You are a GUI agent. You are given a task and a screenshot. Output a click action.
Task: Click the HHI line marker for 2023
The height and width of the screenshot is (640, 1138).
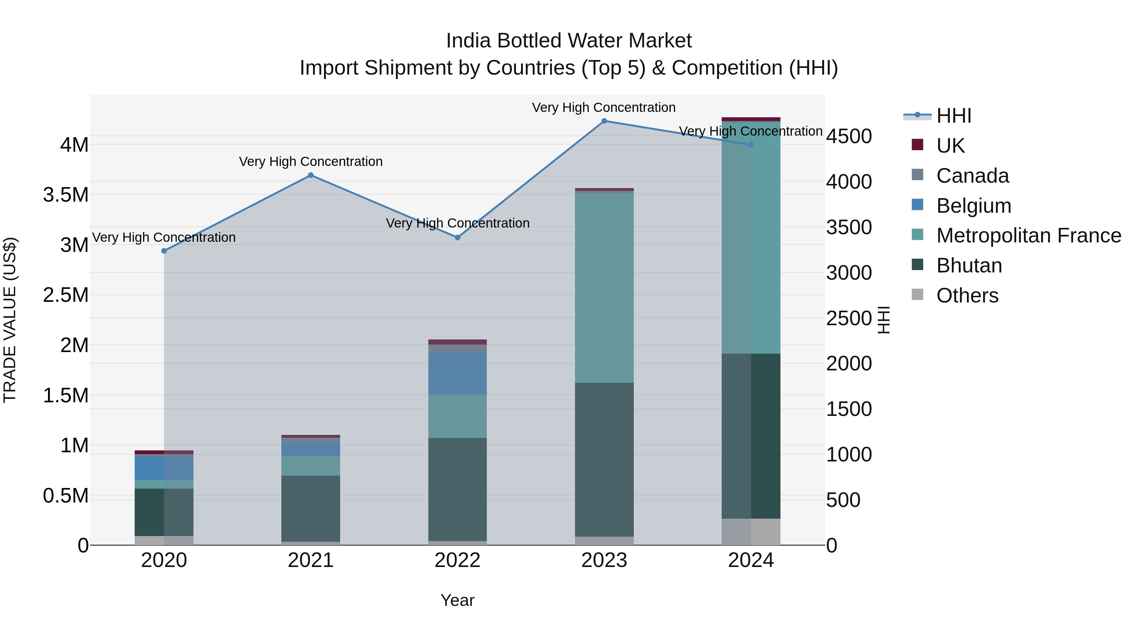coord(604,121)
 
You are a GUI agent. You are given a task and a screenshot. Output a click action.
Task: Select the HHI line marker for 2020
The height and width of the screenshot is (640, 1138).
coord(164,251)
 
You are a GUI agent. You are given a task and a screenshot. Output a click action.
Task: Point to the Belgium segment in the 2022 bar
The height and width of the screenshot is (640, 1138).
coord(457,374)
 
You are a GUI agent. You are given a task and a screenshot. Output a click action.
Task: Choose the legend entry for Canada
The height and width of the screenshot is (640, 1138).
coord(972,176)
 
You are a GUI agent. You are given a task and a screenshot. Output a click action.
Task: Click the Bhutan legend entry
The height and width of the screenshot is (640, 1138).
coord(968,266)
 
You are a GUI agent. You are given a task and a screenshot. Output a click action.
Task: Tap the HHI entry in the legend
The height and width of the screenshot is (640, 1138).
coord(953,116)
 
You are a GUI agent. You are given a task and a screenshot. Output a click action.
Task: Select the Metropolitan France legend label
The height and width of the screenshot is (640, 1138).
coord(1028,236)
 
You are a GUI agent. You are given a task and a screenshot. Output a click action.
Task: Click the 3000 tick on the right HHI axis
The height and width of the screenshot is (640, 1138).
coord(849,273)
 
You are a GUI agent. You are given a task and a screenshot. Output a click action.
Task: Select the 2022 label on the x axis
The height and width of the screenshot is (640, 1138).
coord(457,560)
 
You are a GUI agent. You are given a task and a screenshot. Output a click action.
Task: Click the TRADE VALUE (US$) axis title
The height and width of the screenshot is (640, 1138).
coord(10,320)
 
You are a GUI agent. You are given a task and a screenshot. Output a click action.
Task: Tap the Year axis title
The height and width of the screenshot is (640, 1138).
coord(457,600)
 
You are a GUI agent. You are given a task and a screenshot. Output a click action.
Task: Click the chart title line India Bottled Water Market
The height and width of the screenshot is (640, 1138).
coord(569,41)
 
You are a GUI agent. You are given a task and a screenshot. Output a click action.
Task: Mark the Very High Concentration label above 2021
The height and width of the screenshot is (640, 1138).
coord(310,162)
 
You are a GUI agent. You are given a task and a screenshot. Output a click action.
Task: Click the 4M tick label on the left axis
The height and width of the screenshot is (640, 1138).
coord(74,145)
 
